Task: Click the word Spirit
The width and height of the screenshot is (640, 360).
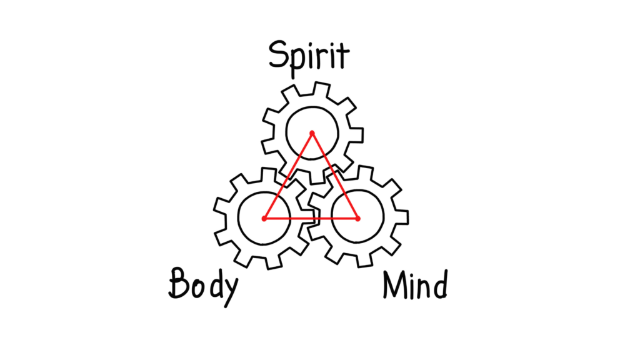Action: pyautogui.click(x=309, y=57)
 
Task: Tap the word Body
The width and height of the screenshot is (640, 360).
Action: pyautogui.click(x=203, y=286)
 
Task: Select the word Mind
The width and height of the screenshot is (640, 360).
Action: pyautogui.click(x=415, y=285)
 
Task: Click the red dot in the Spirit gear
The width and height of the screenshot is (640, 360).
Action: pyautogui.click(x=312, y=134)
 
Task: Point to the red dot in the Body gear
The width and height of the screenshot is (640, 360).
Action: pyautogui.click(x=264, y=219)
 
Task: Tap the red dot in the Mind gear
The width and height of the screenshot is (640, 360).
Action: pyautogui.click(x=358, y=219)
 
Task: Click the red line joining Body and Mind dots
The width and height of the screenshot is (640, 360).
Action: pyautogui.click(x=311, y=219)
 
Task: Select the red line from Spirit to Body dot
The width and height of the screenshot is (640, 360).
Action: pyautogui.click(x=288, y=176)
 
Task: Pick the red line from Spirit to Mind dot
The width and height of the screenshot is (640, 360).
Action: pyautogui.click(x=335, y=176)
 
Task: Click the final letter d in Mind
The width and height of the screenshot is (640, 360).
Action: pyautogui.click(x=441, y=285)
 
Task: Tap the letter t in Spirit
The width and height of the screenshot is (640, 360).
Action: pyautogui.click(x=343, y=56)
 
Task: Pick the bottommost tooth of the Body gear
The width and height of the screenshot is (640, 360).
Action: pyautogui.click(x=274, y=262)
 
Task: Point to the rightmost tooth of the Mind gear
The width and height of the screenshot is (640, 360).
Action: pyautogui.click(x=401, y=217)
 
